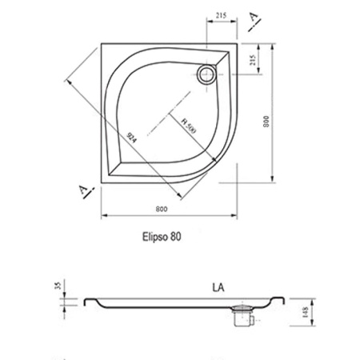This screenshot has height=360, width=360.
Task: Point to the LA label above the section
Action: tap(219, 285)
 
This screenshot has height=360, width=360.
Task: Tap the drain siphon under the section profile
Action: tap(241, 317)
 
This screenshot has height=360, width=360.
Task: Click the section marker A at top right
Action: tap(254, 18)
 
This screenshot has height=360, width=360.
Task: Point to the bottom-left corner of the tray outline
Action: tap(102, 182)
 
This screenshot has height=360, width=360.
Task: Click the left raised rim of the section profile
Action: tap(90, 302)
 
